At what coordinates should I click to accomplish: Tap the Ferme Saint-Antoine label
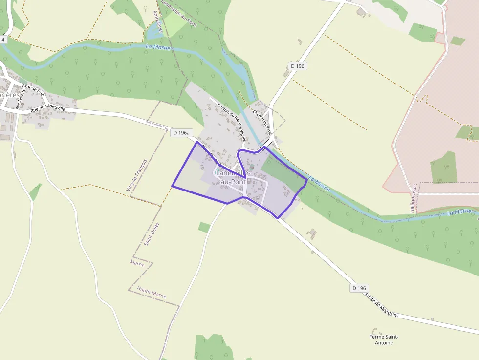[384, 339]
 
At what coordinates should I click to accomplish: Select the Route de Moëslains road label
[382, 305]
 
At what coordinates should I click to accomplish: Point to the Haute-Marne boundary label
[152, 293]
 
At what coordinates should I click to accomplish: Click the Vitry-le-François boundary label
[136, 175]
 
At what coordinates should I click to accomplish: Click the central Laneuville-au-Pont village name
[233, 177]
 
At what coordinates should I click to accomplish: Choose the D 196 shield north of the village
[298, 66]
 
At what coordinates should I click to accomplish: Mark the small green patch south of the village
[204, 227]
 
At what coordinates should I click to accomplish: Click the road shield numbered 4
[3, 39]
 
